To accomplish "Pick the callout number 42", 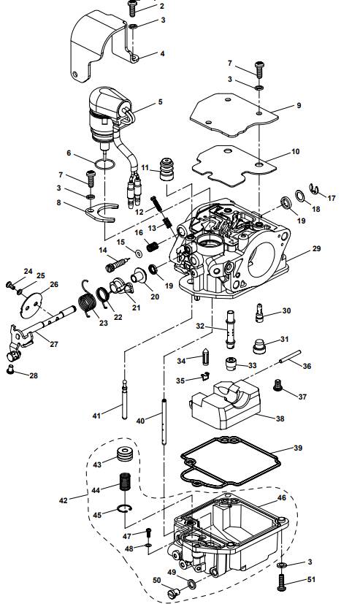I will click(63, 500).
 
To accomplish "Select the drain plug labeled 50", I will click(175, 595).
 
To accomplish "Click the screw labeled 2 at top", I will click(133, 7).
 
